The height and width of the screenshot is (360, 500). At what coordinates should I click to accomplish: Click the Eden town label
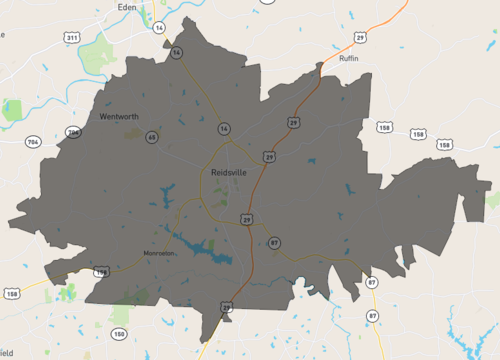tap(126, 6)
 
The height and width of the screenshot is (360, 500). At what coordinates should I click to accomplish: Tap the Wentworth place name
tap(119, 117)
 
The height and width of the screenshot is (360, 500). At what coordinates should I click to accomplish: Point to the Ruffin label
tap(348, 59)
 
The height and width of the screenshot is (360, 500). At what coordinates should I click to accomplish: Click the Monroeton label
tap(159, 253)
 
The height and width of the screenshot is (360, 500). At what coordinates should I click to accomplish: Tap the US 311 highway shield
tap(71, 37)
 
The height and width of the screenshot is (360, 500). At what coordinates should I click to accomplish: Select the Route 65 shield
tap(153, 136)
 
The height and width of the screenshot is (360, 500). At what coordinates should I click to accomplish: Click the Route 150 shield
tap(119, 333)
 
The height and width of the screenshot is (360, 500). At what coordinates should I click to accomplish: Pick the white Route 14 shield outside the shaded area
tap(159, 28)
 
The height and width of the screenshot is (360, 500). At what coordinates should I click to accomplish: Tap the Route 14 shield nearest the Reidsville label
tap(224, 128)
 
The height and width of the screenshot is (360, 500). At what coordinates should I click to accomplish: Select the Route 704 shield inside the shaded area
tap(72, 132)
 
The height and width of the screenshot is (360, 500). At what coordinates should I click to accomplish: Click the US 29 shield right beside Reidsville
tap(270, 156)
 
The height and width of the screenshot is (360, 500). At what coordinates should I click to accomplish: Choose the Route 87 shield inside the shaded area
tap(273, 242)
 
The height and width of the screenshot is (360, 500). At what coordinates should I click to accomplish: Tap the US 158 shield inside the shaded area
tap(101, 271)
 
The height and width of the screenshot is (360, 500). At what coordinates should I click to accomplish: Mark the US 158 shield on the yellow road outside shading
tap(13, 293)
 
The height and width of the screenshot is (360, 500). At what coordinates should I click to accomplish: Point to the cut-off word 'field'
tap(6, 353)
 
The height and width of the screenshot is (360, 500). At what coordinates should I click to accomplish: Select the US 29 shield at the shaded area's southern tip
tap(227, 307)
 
